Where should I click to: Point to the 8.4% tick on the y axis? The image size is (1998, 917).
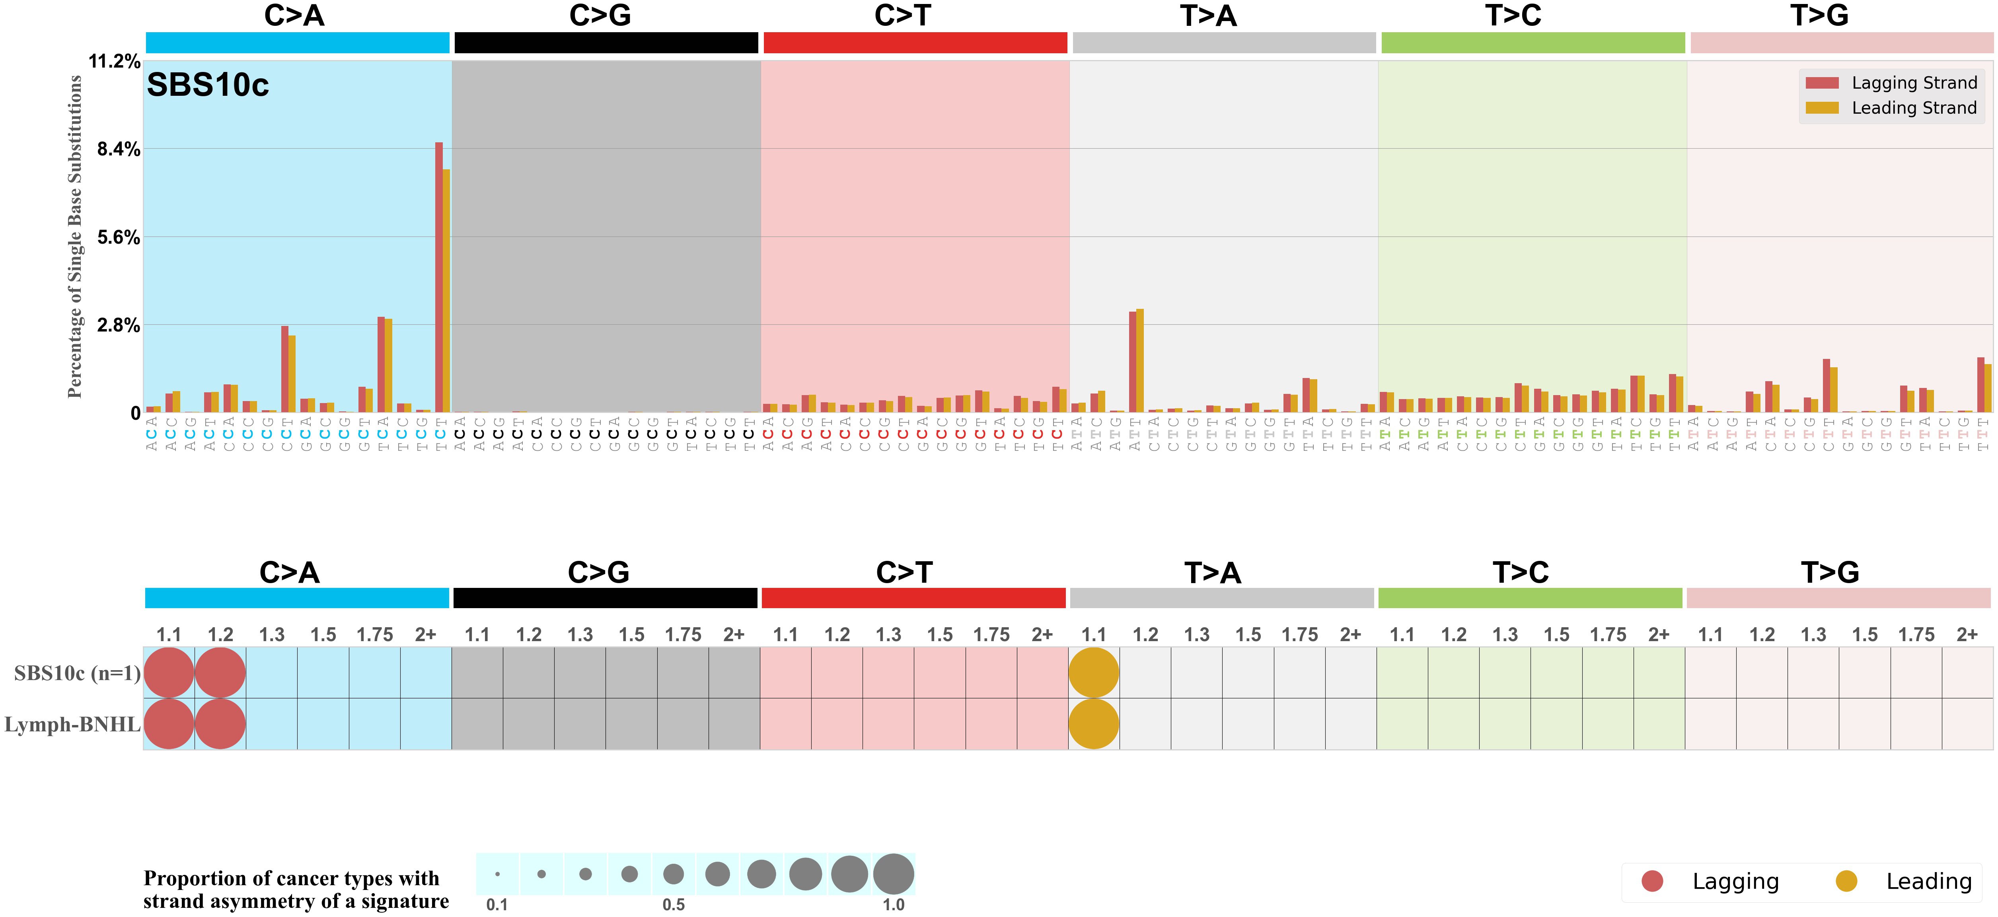click(x=118, y=149)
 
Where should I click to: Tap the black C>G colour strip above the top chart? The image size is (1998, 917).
click(x=606, y=43)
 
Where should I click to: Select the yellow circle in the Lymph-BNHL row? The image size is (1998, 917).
click(x=1094, y=724)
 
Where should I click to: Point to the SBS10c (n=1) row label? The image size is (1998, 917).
click(x=77, y=673)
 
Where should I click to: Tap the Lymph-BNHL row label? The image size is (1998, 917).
click(x=72, y=724)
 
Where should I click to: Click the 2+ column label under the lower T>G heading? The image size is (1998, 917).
click(x=1967, y=635)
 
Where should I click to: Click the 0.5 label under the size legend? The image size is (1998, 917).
click(x=673, y=905)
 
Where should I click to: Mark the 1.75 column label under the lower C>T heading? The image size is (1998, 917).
click(x=991, y=635)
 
